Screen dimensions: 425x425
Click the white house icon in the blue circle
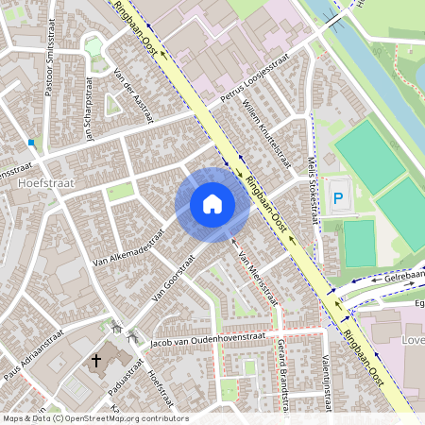pyautogui.click(x=212, y=203)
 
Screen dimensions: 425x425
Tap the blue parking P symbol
pyautogui.click(x=338, y=199)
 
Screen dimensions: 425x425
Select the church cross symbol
pyautogui.click(x=95, y=360)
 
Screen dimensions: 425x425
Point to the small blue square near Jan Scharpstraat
pyautogui.click(x=32, y=143)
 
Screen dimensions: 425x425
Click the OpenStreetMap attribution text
pyautogui.click(x=94, y=418)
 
